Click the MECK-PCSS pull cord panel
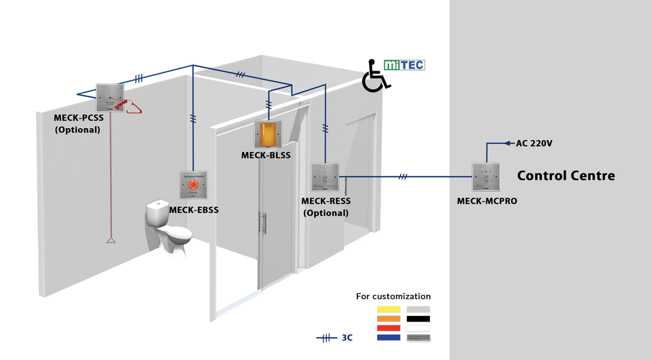(x=109, y=98)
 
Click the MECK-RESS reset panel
(x=324, y=177)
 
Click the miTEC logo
(x=404, y=65)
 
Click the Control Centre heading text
(x=566, y=176)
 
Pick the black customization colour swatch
(x=418, y=319)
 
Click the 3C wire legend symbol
(x=328, y=337)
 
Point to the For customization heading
(x=393, y=296)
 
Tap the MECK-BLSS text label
(x=266, y=155)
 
